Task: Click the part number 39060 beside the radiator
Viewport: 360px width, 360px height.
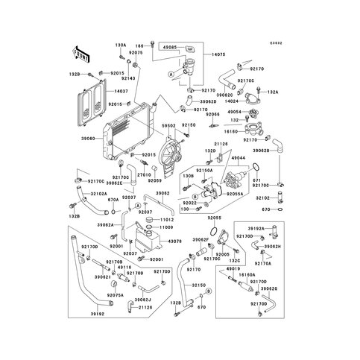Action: (x=88, y=139)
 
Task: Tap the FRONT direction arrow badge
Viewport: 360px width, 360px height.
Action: (x=80, y=53)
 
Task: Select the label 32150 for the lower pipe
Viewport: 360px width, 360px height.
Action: (x=198, y=285)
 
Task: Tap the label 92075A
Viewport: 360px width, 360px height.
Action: (x=116, y=294)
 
